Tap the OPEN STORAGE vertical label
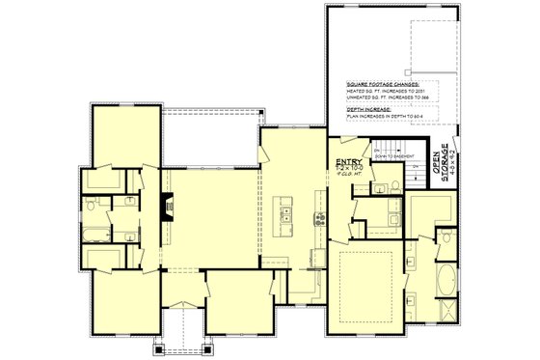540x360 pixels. coord(445,162)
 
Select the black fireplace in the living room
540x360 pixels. coord(168,206)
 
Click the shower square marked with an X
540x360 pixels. coord(448,312)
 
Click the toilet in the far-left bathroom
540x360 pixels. coord(88,205)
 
